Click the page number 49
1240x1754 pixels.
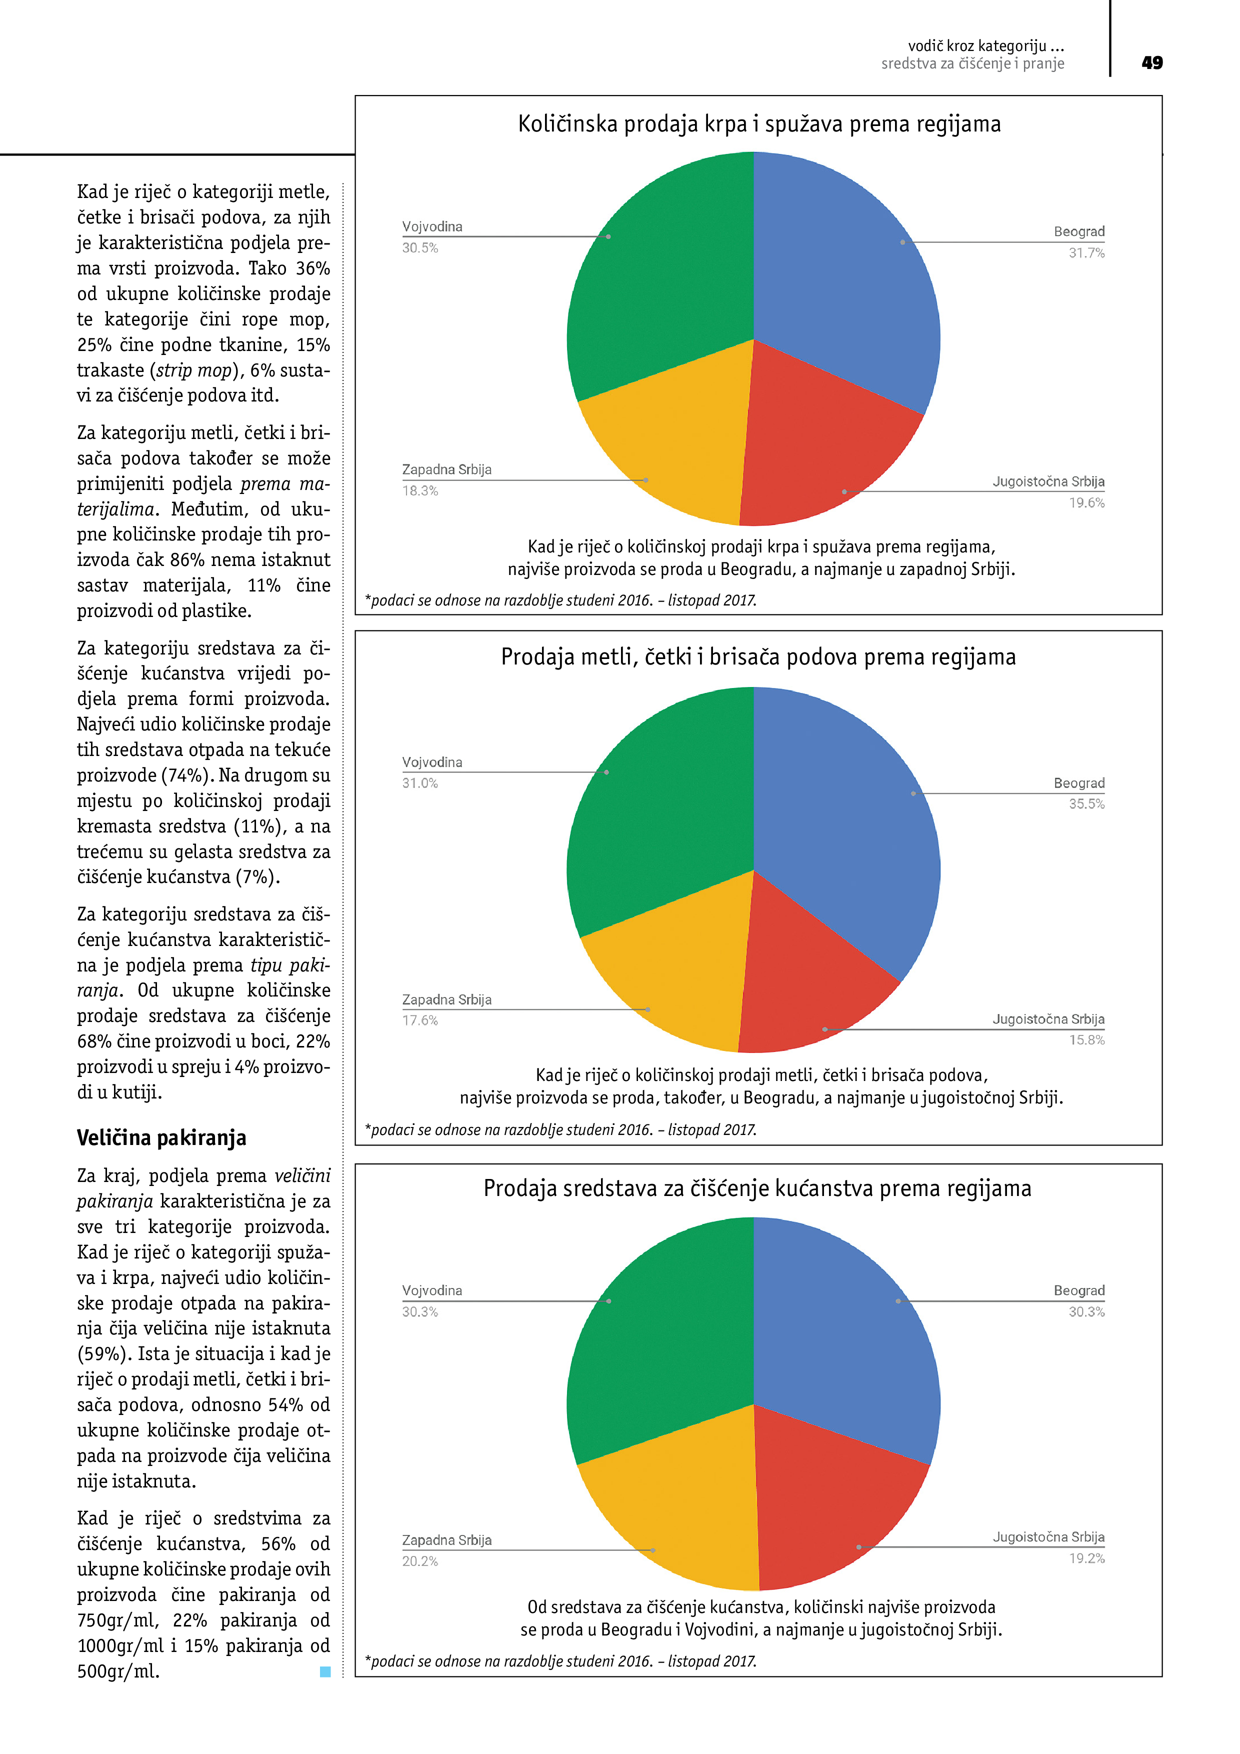[x=1151, y=62]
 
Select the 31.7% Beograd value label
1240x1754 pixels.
[x=1085, y=253]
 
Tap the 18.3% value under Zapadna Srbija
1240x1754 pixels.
[x=420, y=490]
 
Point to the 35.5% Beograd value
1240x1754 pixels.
[x=1085, y=803]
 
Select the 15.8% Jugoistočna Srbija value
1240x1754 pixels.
[x=1085, y=1039]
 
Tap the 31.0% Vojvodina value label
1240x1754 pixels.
[x=420, y=783]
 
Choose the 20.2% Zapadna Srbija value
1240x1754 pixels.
[x=420, y=1560]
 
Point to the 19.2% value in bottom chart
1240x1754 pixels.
[x=1085, y=1557]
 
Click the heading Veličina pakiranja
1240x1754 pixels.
[x=161, y=1137]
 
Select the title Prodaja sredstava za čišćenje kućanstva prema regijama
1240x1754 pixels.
[x=757, y=1188]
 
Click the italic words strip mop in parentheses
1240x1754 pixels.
[x=193, y=370]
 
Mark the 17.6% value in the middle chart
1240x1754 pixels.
[x=420, y=1020]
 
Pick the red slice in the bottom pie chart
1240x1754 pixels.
[x=833, y=1497]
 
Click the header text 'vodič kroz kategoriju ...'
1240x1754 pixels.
[x=985, y=46]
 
